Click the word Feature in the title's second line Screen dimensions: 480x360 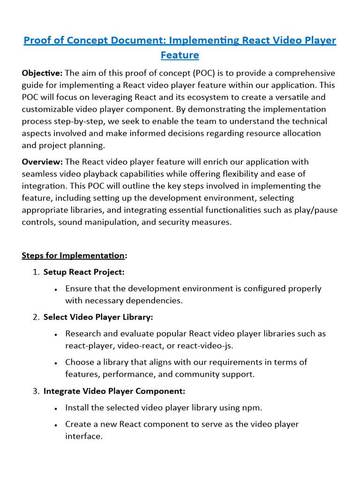point(180,55)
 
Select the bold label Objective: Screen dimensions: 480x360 point(42,73)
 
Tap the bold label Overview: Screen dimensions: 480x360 point(42,162)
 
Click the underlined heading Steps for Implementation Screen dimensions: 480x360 point(73,255)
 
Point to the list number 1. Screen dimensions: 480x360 point(36,272)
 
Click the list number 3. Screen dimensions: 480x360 point(36,391)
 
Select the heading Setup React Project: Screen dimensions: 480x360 point(84,272)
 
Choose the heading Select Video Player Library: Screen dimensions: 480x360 point(98,317)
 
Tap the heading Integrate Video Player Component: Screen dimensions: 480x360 point(114,391)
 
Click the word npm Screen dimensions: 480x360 point(251,408)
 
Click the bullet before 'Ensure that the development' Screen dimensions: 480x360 point(56,289)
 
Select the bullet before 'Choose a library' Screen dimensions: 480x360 point(56,363)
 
